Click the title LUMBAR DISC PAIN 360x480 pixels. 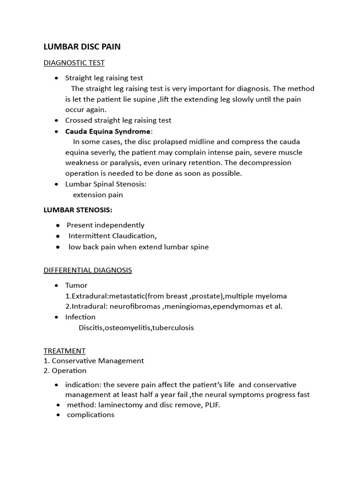click(82, 47)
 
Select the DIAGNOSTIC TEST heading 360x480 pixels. click(74, 62)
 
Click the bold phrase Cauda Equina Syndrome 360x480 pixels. click(108, 131)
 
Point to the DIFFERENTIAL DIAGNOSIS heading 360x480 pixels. click(88, 270)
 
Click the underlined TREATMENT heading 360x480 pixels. click(65, 351)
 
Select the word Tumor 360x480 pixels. click(76, 285)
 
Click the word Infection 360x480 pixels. click(80, 317)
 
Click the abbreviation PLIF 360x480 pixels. click(211, 405)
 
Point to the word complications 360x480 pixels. click(90, 415)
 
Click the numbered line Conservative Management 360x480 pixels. click(97, 360)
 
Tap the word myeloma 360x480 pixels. click(271, 296)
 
